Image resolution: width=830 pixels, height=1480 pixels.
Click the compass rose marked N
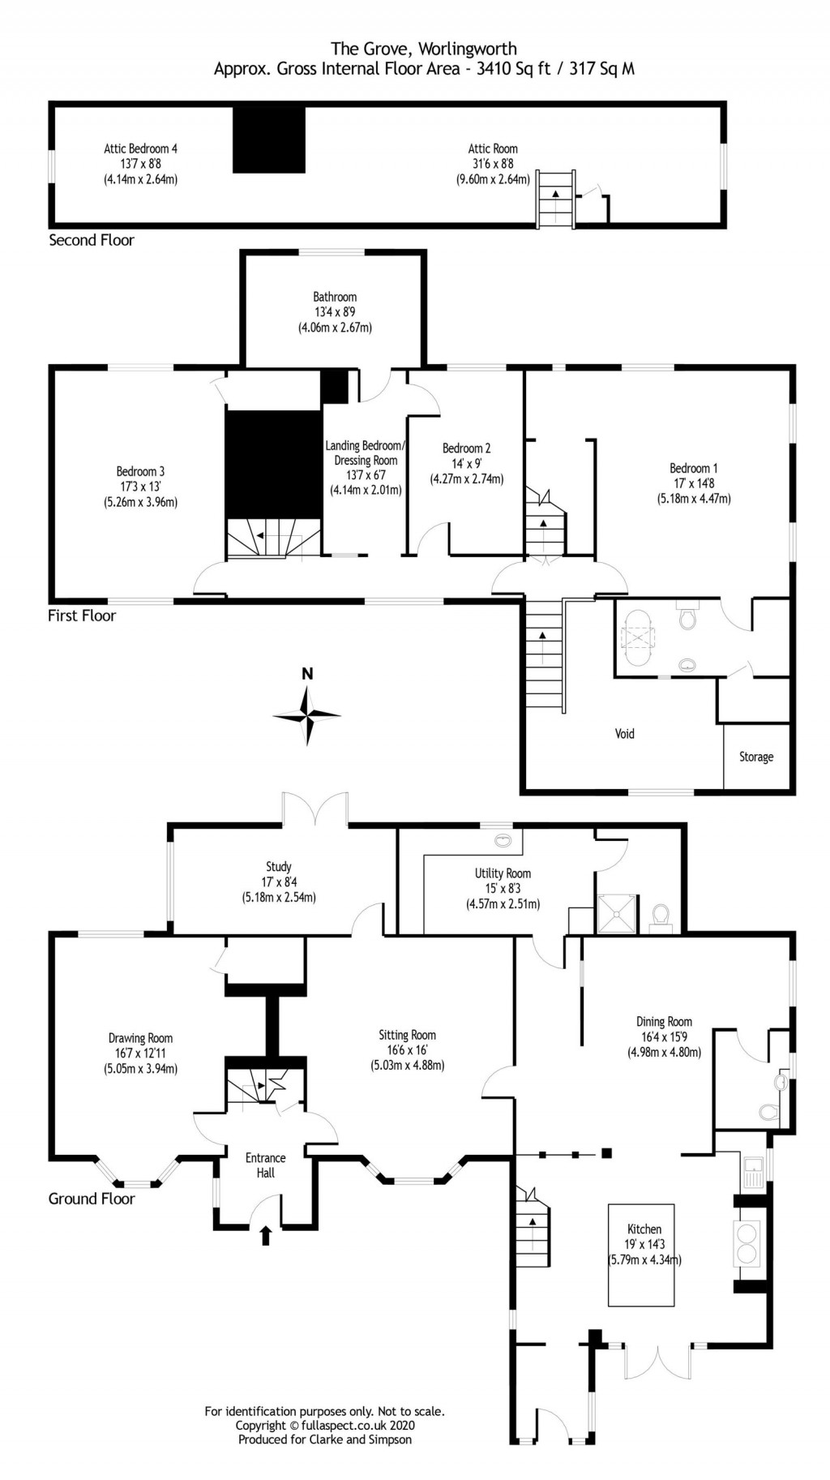[306, 714]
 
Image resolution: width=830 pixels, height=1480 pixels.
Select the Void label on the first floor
[624, 734]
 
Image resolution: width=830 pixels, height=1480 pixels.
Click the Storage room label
[755, 757]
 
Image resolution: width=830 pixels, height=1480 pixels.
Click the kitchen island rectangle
[641, 1255]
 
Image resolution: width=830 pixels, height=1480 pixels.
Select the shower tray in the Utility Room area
[618, 915]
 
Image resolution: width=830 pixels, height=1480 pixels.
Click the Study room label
[278, 867]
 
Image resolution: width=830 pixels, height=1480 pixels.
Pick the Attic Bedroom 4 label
[140, 148]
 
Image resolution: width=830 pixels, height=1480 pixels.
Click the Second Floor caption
[92, 240]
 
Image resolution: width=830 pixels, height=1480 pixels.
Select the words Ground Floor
[92, 1199]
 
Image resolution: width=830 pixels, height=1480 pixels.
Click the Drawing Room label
[140, 1038]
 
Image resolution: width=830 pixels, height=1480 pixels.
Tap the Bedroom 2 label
[466, 448]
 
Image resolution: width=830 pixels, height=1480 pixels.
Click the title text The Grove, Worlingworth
[423, 49]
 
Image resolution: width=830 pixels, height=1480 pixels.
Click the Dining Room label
[664, 1022]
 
